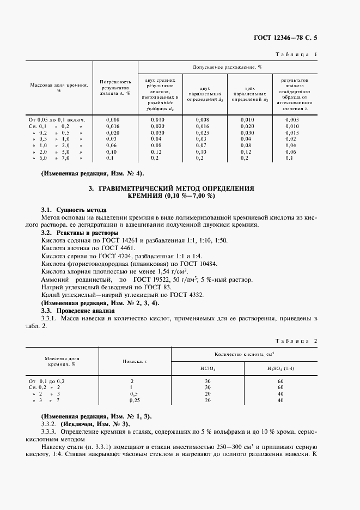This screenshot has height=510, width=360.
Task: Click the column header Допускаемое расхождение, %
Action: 227,68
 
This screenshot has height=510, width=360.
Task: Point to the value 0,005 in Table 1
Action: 292,119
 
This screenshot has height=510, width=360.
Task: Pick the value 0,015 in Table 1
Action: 292,132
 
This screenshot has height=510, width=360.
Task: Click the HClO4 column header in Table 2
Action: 208,369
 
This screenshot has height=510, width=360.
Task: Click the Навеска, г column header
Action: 132,361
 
